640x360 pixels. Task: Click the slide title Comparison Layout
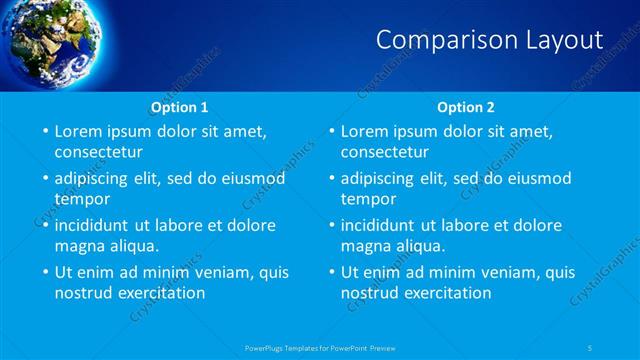click(489, 40)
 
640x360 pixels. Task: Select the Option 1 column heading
click(180, 107)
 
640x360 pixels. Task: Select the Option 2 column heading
click(466, 107)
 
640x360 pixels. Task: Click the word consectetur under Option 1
click(98, 152)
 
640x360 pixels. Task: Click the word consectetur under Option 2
click(385, 152)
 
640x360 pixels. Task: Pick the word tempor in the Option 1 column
click(80, 199)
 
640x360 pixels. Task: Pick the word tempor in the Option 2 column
click(366, 199)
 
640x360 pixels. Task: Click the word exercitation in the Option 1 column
click(160, 293)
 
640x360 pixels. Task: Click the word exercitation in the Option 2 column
click(446, 293)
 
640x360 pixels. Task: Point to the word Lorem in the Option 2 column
click(364, 131)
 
